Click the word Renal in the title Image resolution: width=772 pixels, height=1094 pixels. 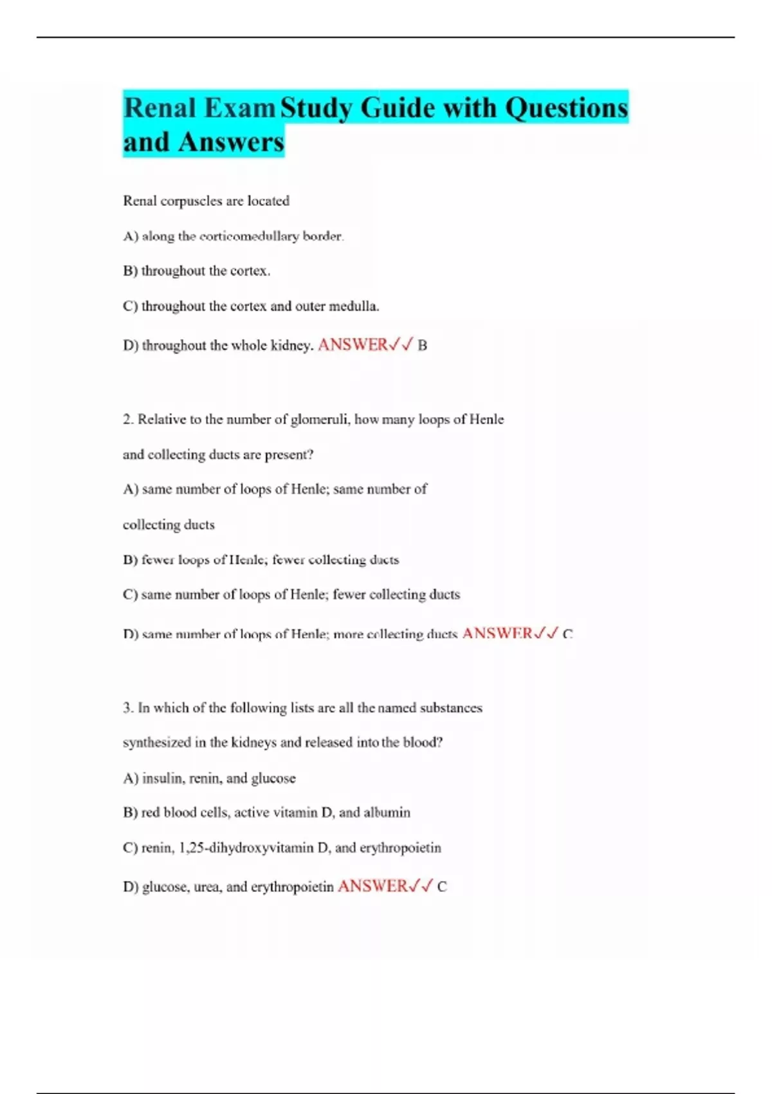160,107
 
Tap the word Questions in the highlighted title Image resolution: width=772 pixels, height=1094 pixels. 566,107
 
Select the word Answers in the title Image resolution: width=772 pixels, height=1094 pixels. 231,142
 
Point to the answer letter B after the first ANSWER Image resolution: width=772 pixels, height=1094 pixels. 423,346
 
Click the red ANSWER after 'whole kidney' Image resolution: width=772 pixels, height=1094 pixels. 353,345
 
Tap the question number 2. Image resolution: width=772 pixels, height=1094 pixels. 128,420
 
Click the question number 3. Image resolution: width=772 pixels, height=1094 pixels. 128,708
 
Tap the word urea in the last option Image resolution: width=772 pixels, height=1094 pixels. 206,887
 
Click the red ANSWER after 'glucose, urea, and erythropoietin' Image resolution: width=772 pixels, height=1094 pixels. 372,886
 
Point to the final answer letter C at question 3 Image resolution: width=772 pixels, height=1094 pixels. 442,887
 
